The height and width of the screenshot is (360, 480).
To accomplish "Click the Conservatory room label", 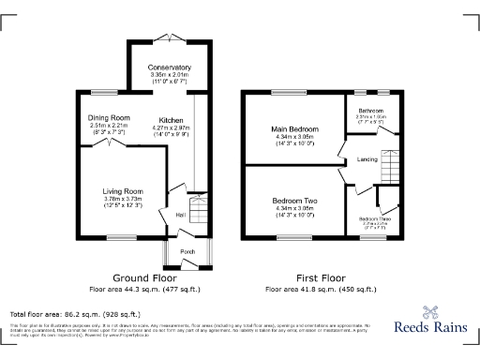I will (169, 67).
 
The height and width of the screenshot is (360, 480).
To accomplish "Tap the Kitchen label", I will (171, 120).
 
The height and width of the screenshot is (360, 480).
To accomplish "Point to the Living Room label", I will (122, 191).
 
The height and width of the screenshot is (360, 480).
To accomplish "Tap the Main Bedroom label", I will (295, 128).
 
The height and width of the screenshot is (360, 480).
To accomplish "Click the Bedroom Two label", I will (295, 202).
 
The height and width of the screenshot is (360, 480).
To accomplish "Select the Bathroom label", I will (371, 111).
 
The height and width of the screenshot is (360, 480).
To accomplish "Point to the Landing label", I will (367, 159).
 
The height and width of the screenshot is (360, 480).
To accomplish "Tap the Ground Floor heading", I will (143, 278).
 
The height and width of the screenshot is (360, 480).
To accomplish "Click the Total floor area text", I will (75, 314).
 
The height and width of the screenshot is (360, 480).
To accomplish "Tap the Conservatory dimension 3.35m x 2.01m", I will (169, 75).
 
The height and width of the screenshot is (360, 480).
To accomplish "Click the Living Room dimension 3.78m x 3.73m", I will (122, 199).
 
